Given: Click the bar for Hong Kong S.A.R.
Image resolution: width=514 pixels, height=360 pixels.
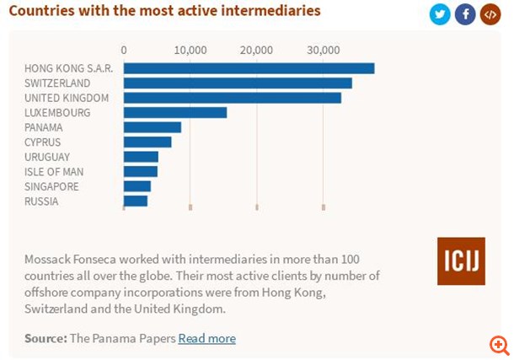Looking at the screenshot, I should pos(249,68).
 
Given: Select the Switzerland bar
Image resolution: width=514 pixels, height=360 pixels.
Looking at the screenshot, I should pos(238,83).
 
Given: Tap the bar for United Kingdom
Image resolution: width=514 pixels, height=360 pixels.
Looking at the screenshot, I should pos(232,98).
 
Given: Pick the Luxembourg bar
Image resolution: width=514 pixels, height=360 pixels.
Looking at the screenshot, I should pos(175,112).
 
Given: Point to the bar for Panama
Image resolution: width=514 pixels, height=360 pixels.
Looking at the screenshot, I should pos(153,127).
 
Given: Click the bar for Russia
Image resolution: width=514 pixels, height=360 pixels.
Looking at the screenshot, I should pos(136,201).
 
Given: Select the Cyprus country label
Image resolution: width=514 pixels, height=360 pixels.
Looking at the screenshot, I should pos(42,142).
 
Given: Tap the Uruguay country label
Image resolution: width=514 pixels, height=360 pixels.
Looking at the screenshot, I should pos(47,157).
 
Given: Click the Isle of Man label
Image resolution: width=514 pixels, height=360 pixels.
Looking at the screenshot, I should pos(54,172).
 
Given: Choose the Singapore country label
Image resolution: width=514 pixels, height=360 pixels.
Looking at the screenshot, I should pos(51,186).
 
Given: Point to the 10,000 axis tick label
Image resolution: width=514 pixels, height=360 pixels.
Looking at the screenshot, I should pos(190,50).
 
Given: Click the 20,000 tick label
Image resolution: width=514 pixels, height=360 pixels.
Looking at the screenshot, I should pos(256,50).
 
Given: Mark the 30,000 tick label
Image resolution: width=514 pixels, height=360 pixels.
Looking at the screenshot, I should pos(323,50).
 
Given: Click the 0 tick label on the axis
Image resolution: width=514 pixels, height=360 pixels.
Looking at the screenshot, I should pos(124,50).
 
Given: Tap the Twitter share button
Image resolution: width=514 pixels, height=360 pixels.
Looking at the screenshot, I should pos(440,14).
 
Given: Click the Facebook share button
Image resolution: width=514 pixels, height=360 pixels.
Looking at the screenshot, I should pos(465,14).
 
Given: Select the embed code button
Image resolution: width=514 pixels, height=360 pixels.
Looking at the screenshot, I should pos(490,14).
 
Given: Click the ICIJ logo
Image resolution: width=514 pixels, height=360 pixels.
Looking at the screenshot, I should pos(461,261).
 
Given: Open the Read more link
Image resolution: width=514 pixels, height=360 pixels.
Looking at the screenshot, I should pos(206,338).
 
